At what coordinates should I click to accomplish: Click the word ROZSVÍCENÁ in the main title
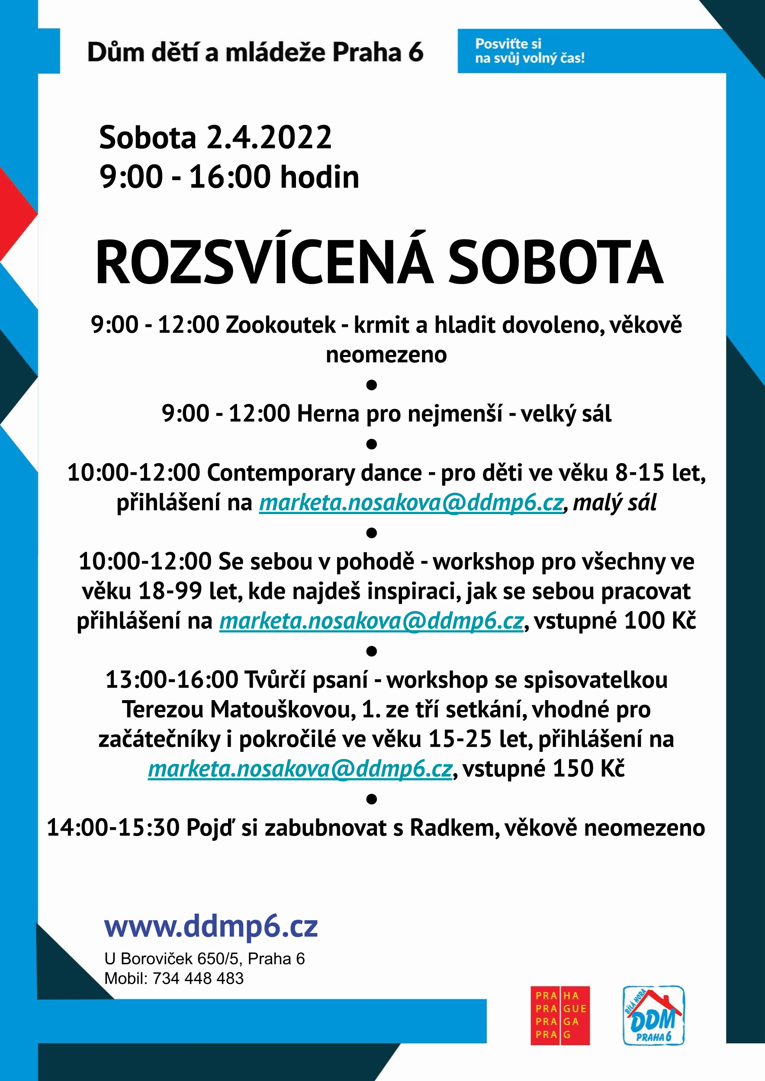264,263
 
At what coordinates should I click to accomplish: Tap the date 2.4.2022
269,138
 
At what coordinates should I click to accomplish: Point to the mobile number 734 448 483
198,979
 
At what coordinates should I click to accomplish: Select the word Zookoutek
281,325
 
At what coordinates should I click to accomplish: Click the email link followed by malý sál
411,502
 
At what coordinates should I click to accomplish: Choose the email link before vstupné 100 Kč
372,620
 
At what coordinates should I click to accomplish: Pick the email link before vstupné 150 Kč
300,769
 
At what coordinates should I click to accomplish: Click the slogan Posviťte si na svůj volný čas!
530,51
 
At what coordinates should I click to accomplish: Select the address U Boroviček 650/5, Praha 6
204,959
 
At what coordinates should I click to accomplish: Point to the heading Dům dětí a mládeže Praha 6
255,52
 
